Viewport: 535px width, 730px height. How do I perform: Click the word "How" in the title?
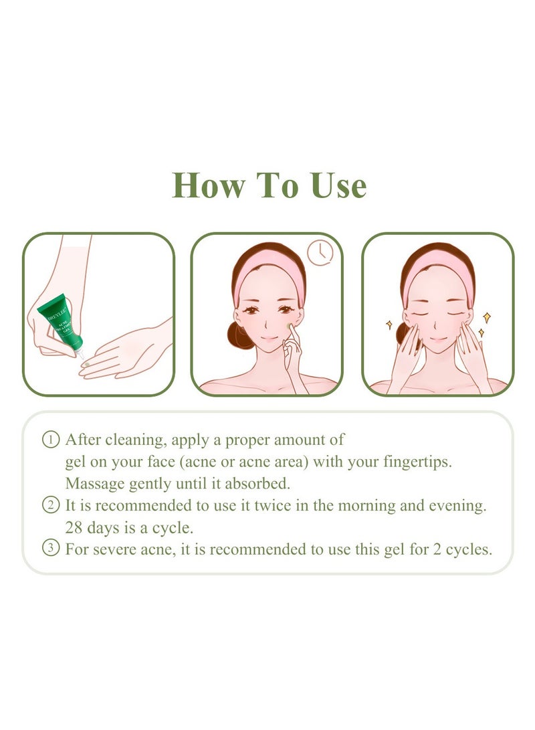tap(205, 185)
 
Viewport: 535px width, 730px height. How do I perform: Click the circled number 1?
tap(50, 440)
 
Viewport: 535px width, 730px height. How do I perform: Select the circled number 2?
tap(50, 505)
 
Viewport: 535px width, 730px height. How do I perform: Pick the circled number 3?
tap(50, 549)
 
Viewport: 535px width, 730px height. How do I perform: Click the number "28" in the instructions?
tap(74, 527)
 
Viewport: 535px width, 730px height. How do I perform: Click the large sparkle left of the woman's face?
tap(389, 325)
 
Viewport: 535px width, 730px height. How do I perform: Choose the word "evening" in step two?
tap(458, 505)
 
